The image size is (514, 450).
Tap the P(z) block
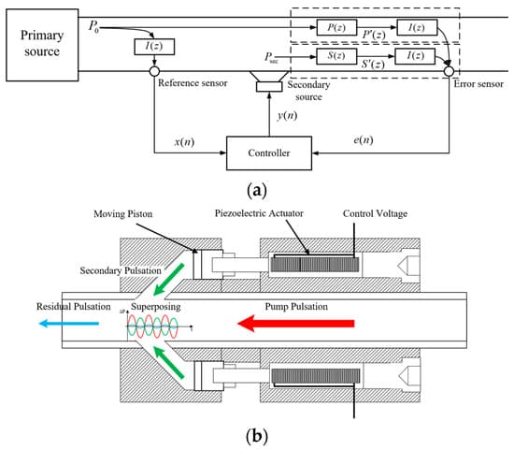click(x=331, y=25)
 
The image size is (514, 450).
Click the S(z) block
click(x=331, y=58)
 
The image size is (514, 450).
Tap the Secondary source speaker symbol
click(x=270, y=85)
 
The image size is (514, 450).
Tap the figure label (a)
click(x=264, y=190)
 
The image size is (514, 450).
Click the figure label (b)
click(x=264, y=435)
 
